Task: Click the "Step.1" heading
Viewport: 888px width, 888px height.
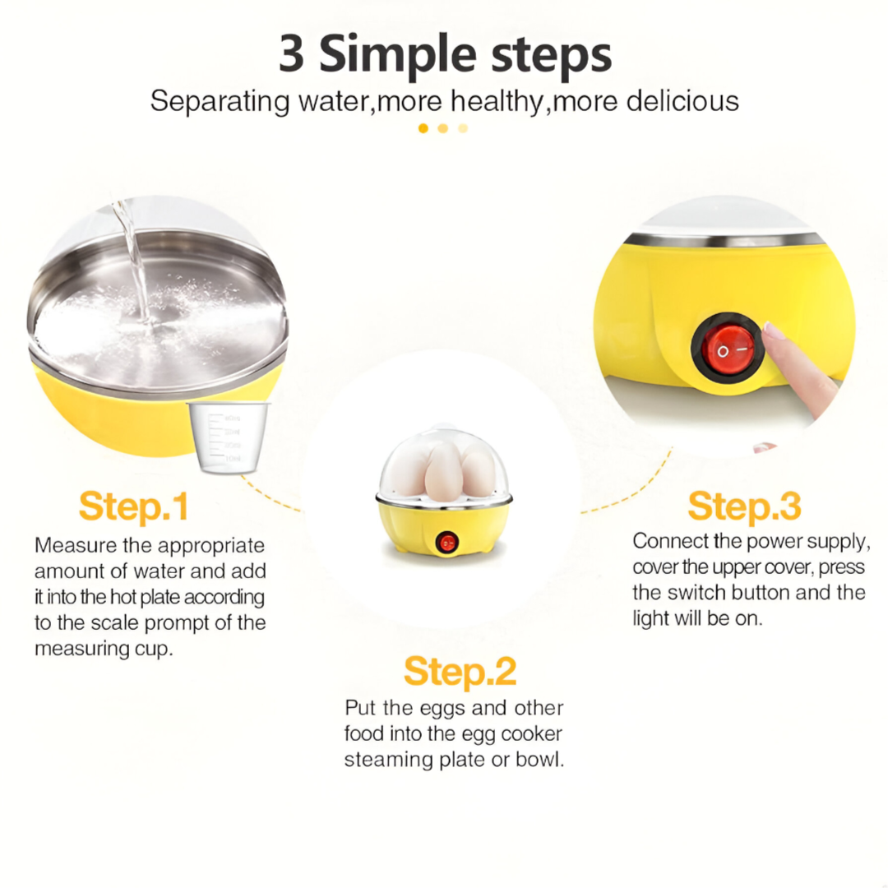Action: point(134,506)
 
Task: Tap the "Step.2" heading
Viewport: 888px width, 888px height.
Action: point(460,673)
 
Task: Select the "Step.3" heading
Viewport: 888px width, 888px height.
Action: point(744,506)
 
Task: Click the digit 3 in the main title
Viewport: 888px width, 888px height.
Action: point(292,54)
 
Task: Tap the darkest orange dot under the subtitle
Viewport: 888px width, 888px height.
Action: point(423,128)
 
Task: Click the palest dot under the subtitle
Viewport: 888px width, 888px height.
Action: point(463,128)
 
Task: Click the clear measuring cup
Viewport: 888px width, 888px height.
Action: point(228,437)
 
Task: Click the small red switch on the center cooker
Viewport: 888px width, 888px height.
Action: point(446,543)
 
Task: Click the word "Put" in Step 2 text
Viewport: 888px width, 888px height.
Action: point(361,708)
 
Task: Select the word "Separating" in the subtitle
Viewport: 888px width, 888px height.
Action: point(220,103)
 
